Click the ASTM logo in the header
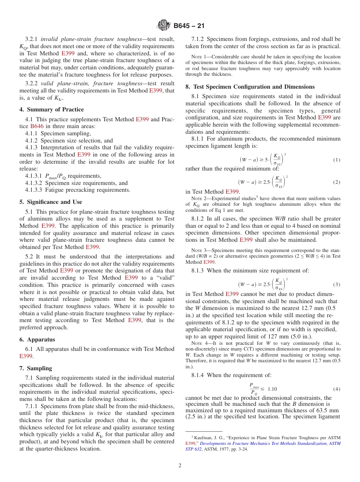pos(164,26)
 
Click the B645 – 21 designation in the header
pos(189,26)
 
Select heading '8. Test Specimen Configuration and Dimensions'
pos(250,87)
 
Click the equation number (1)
pos(337,160)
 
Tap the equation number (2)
pos(337,182)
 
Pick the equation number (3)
pos(337,284)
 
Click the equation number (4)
pos(337,389)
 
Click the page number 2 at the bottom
pos(180,465)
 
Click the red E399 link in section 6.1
pos(26,356)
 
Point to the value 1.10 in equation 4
pos(272,389)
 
